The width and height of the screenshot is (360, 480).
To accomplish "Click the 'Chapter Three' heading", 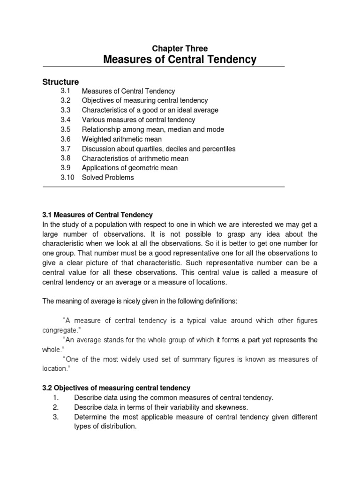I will pos(180,48).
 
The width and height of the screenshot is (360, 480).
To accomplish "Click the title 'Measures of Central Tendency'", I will pos(180,60).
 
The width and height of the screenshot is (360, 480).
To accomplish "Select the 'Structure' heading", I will pos(61,82).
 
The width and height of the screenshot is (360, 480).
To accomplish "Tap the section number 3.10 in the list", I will pos(67,177).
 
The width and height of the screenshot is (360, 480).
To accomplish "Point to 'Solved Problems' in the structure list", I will pos(108,177).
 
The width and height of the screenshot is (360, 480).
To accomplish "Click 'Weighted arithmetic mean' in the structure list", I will pos(122,139).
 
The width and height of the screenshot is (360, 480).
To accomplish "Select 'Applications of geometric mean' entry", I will pos(130,167).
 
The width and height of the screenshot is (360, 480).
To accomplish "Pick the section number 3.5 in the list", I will pos(65,129).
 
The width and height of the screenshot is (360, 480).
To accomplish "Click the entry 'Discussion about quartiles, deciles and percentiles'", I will pos(158,149).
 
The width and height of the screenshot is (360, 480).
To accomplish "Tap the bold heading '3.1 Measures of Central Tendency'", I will pos(98,215).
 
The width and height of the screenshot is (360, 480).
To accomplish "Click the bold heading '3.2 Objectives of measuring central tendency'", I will pos(117,388).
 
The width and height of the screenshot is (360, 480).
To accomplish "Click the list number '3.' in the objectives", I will pos(55,417).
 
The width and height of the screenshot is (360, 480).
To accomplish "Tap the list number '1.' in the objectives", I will pos(55,397).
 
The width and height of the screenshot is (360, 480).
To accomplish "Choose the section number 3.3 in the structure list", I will pos(65,110).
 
